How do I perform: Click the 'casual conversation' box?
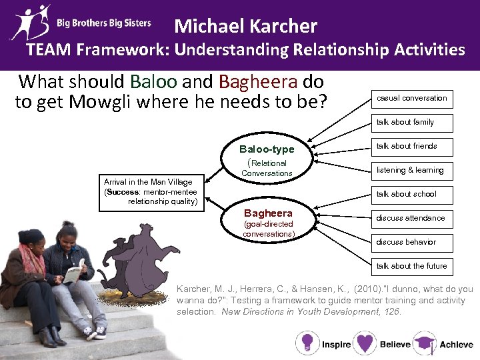point(411,99)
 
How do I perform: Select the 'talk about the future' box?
point(411,267)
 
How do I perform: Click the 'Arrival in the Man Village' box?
point(151,191)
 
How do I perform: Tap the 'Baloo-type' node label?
point(267,149)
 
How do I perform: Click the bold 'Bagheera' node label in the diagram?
point(267,213)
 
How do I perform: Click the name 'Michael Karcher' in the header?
point(245,27)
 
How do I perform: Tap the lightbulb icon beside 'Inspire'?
point(307,344)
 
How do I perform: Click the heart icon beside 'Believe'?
point(365,344)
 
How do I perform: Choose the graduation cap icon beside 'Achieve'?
point(424,344)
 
